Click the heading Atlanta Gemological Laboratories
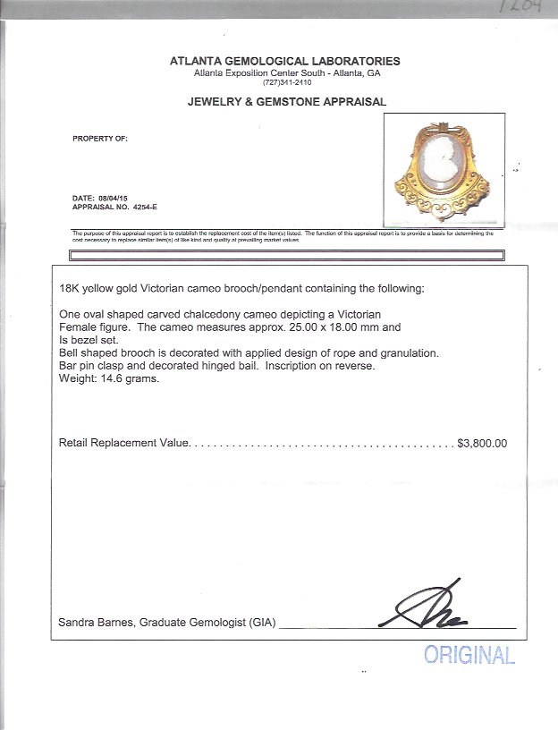pos(285,61)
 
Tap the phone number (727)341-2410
pos(285,82)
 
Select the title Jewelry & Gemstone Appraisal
pos(286,102)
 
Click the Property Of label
pos(100,139)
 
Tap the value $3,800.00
pos(482,443)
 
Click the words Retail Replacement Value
pos(124,443)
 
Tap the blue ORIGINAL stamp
pos(469,656)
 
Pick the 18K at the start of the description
pos(69,289)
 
